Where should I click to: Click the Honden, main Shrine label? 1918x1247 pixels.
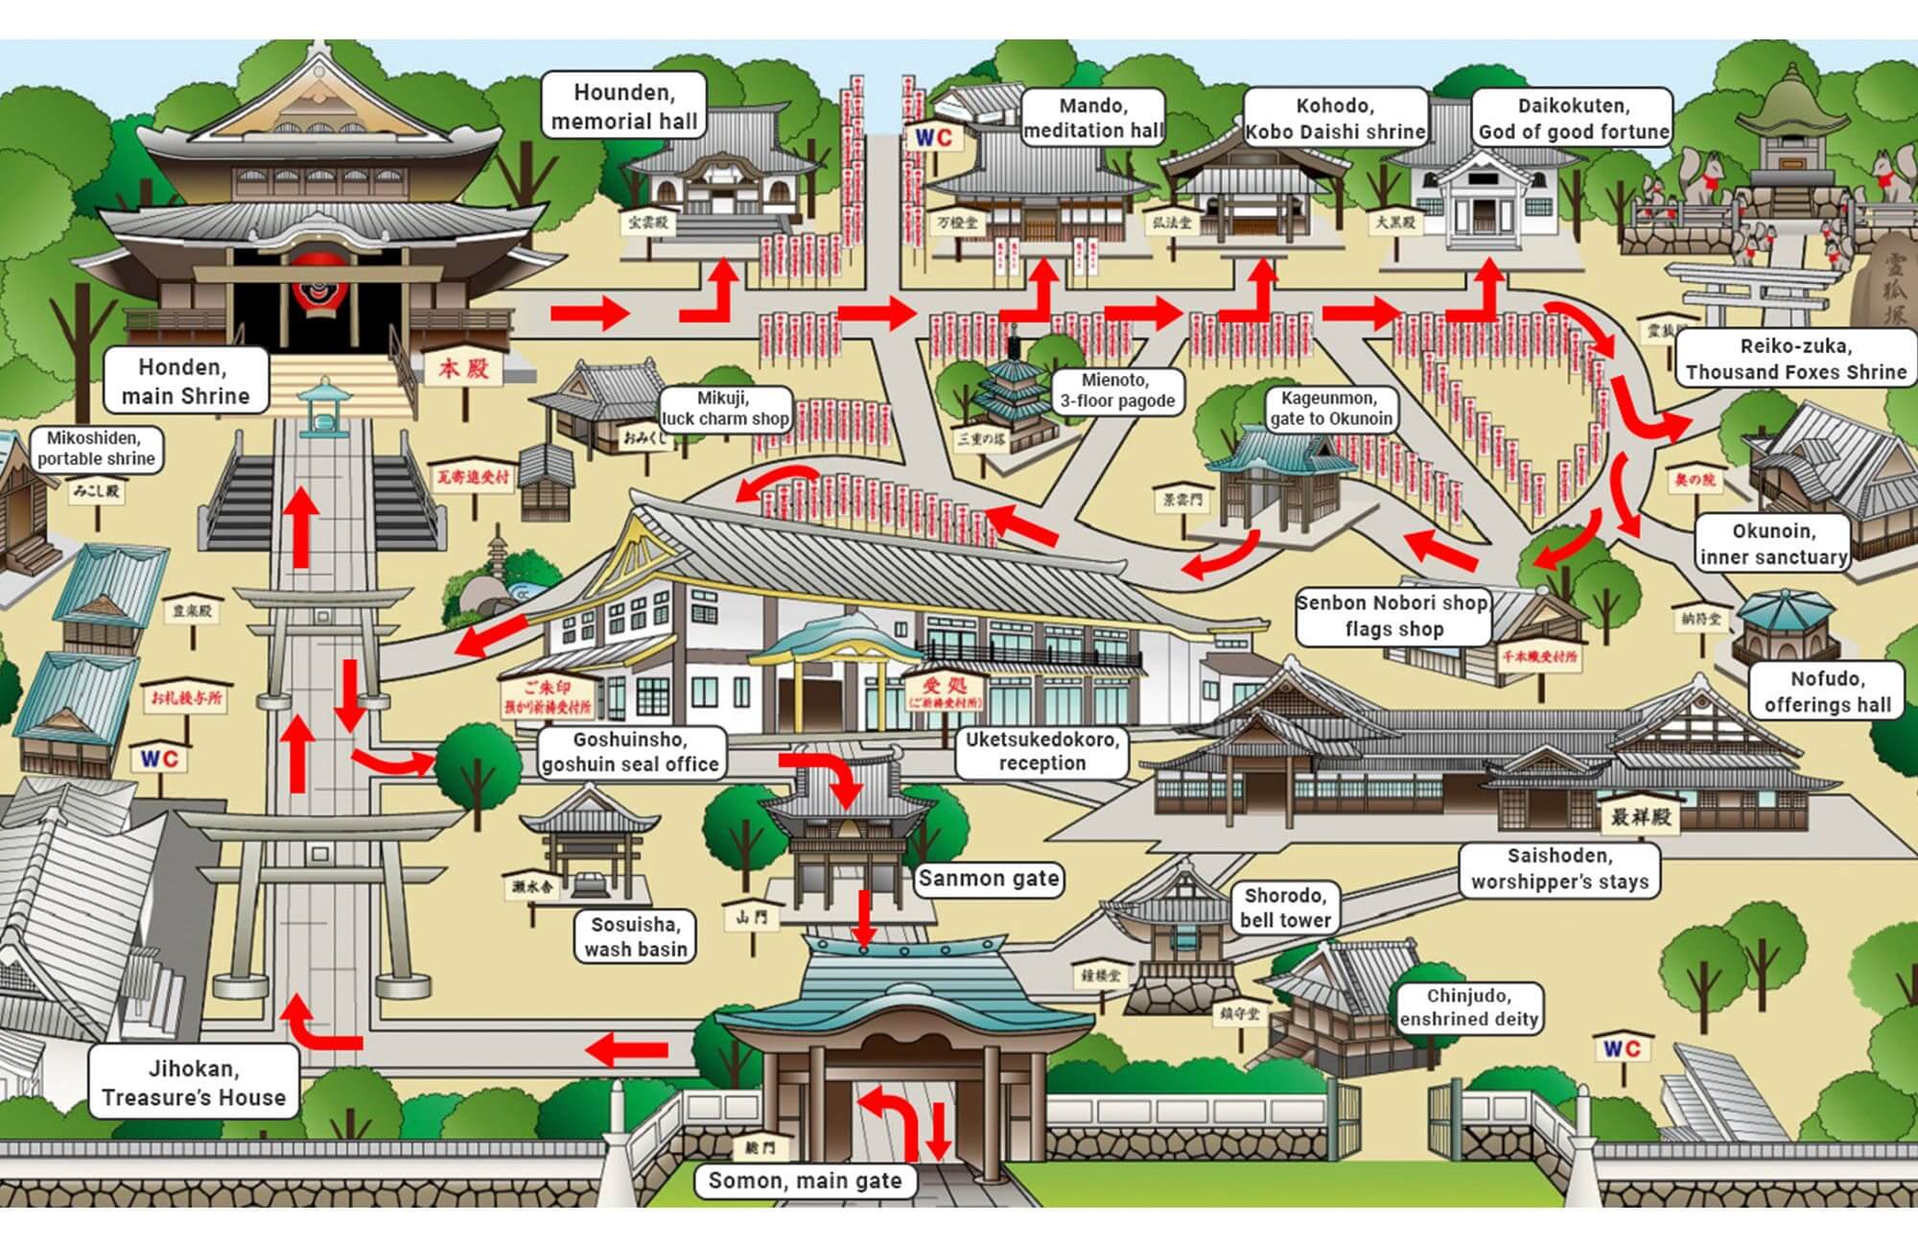185,381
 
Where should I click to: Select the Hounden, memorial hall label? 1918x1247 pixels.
624,106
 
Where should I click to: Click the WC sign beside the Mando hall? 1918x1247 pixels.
932,138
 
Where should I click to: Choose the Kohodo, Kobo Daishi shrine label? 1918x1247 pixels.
1335,118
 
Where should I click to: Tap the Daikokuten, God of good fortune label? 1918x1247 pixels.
1573,118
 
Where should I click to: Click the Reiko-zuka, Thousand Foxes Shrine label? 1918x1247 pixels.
1795,359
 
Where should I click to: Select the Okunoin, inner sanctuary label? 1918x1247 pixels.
1772,544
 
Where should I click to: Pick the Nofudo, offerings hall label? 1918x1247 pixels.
1827,691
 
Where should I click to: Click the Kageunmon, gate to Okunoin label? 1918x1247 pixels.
1330,408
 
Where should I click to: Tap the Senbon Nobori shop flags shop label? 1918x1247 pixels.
1392,616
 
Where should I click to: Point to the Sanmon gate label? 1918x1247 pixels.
988,878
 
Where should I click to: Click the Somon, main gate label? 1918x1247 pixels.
805,1181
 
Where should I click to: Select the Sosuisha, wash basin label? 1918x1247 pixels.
635,936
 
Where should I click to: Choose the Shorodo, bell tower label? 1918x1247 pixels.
1285,907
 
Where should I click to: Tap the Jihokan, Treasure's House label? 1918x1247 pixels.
194,1083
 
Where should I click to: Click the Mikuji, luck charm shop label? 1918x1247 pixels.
725,408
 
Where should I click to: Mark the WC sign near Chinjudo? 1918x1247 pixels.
1621,1048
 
